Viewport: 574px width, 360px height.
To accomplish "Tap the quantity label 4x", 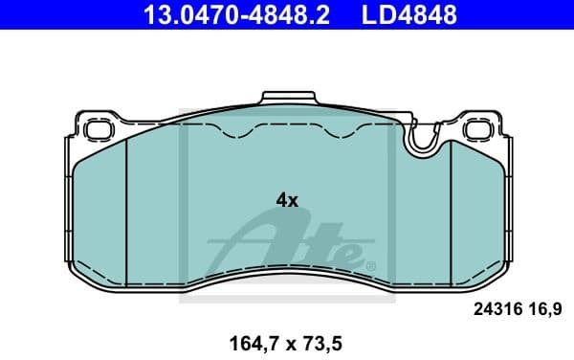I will [x=287, y=200].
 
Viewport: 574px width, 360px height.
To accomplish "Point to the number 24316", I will [x=497, y=309].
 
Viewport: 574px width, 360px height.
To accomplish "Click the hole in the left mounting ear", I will [x=98, y=128].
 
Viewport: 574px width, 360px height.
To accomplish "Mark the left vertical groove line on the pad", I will [x=127, y=206].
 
